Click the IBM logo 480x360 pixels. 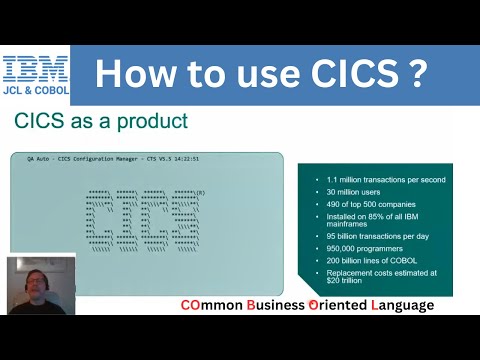tap(36, 68)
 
